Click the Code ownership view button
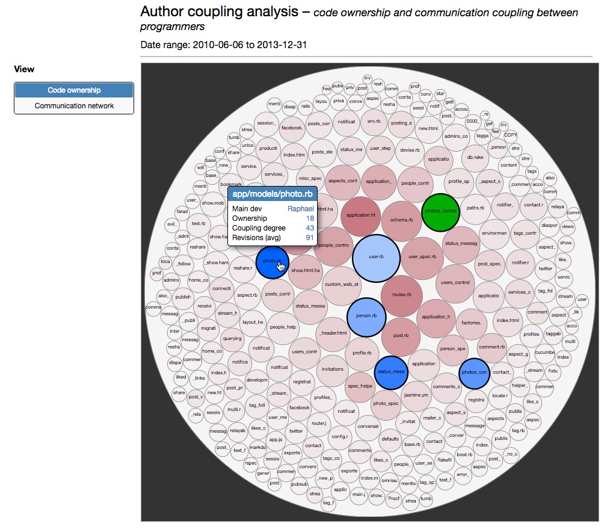coord(74,90)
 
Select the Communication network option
coord(74,106)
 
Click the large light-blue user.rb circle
coord(377,257)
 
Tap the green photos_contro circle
coord(440,212)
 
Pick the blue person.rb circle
coord(366,316)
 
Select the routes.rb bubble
coord(401,295)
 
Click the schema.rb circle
coord(401,220)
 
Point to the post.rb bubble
coord(401,336)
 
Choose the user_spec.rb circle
coord(422,257)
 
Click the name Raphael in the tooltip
coord(300,208)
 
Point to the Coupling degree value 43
coord(310,228)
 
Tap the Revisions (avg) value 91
coord(310,238)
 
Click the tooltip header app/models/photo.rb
coord(273,194)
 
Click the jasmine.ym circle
coord(416,395)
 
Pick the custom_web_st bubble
coord(342,284)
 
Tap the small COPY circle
coord(510,135)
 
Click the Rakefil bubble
coord(444,460)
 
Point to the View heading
coord(24,69)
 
